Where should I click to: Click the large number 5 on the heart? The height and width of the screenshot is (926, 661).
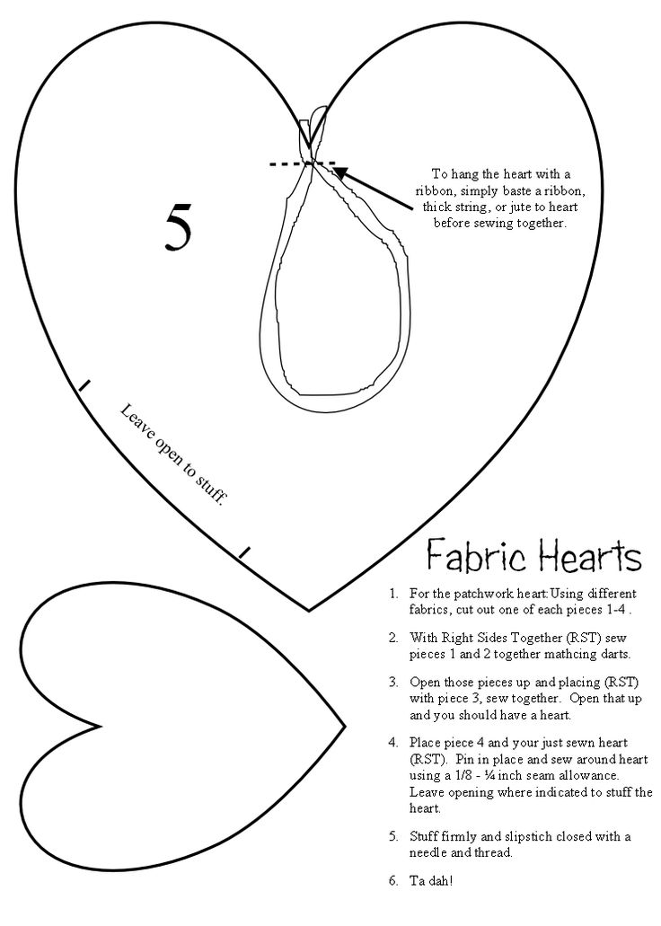pyautogui.click(x=179, y=228)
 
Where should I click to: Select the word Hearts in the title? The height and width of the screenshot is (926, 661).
pyautogui.click(x=589, y=555)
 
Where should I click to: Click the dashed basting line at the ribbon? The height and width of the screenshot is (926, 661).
pyautogui.click(x=303, y=163)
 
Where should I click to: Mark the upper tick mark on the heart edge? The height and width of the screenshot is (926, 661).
pyautogui.click(x=84, y=385)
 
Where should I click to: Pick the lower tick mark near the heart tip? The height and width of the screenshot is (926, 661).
pyautogui.click(x=244, y=552)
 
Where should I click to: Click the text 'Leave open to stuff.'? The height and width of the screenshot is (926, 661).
pyautogui.click(x=173, y=455)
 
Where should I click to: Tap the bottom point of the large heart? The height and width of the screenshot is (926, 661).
pyautogui.click(x=309, y=610)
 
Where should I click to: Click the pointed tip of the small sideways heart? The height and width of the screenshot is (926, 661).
pyautogui.click(x=344, y=725)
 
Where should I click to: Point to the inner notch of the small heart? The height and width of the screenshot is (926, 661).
pyautogui.click(x=101, y=726)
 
